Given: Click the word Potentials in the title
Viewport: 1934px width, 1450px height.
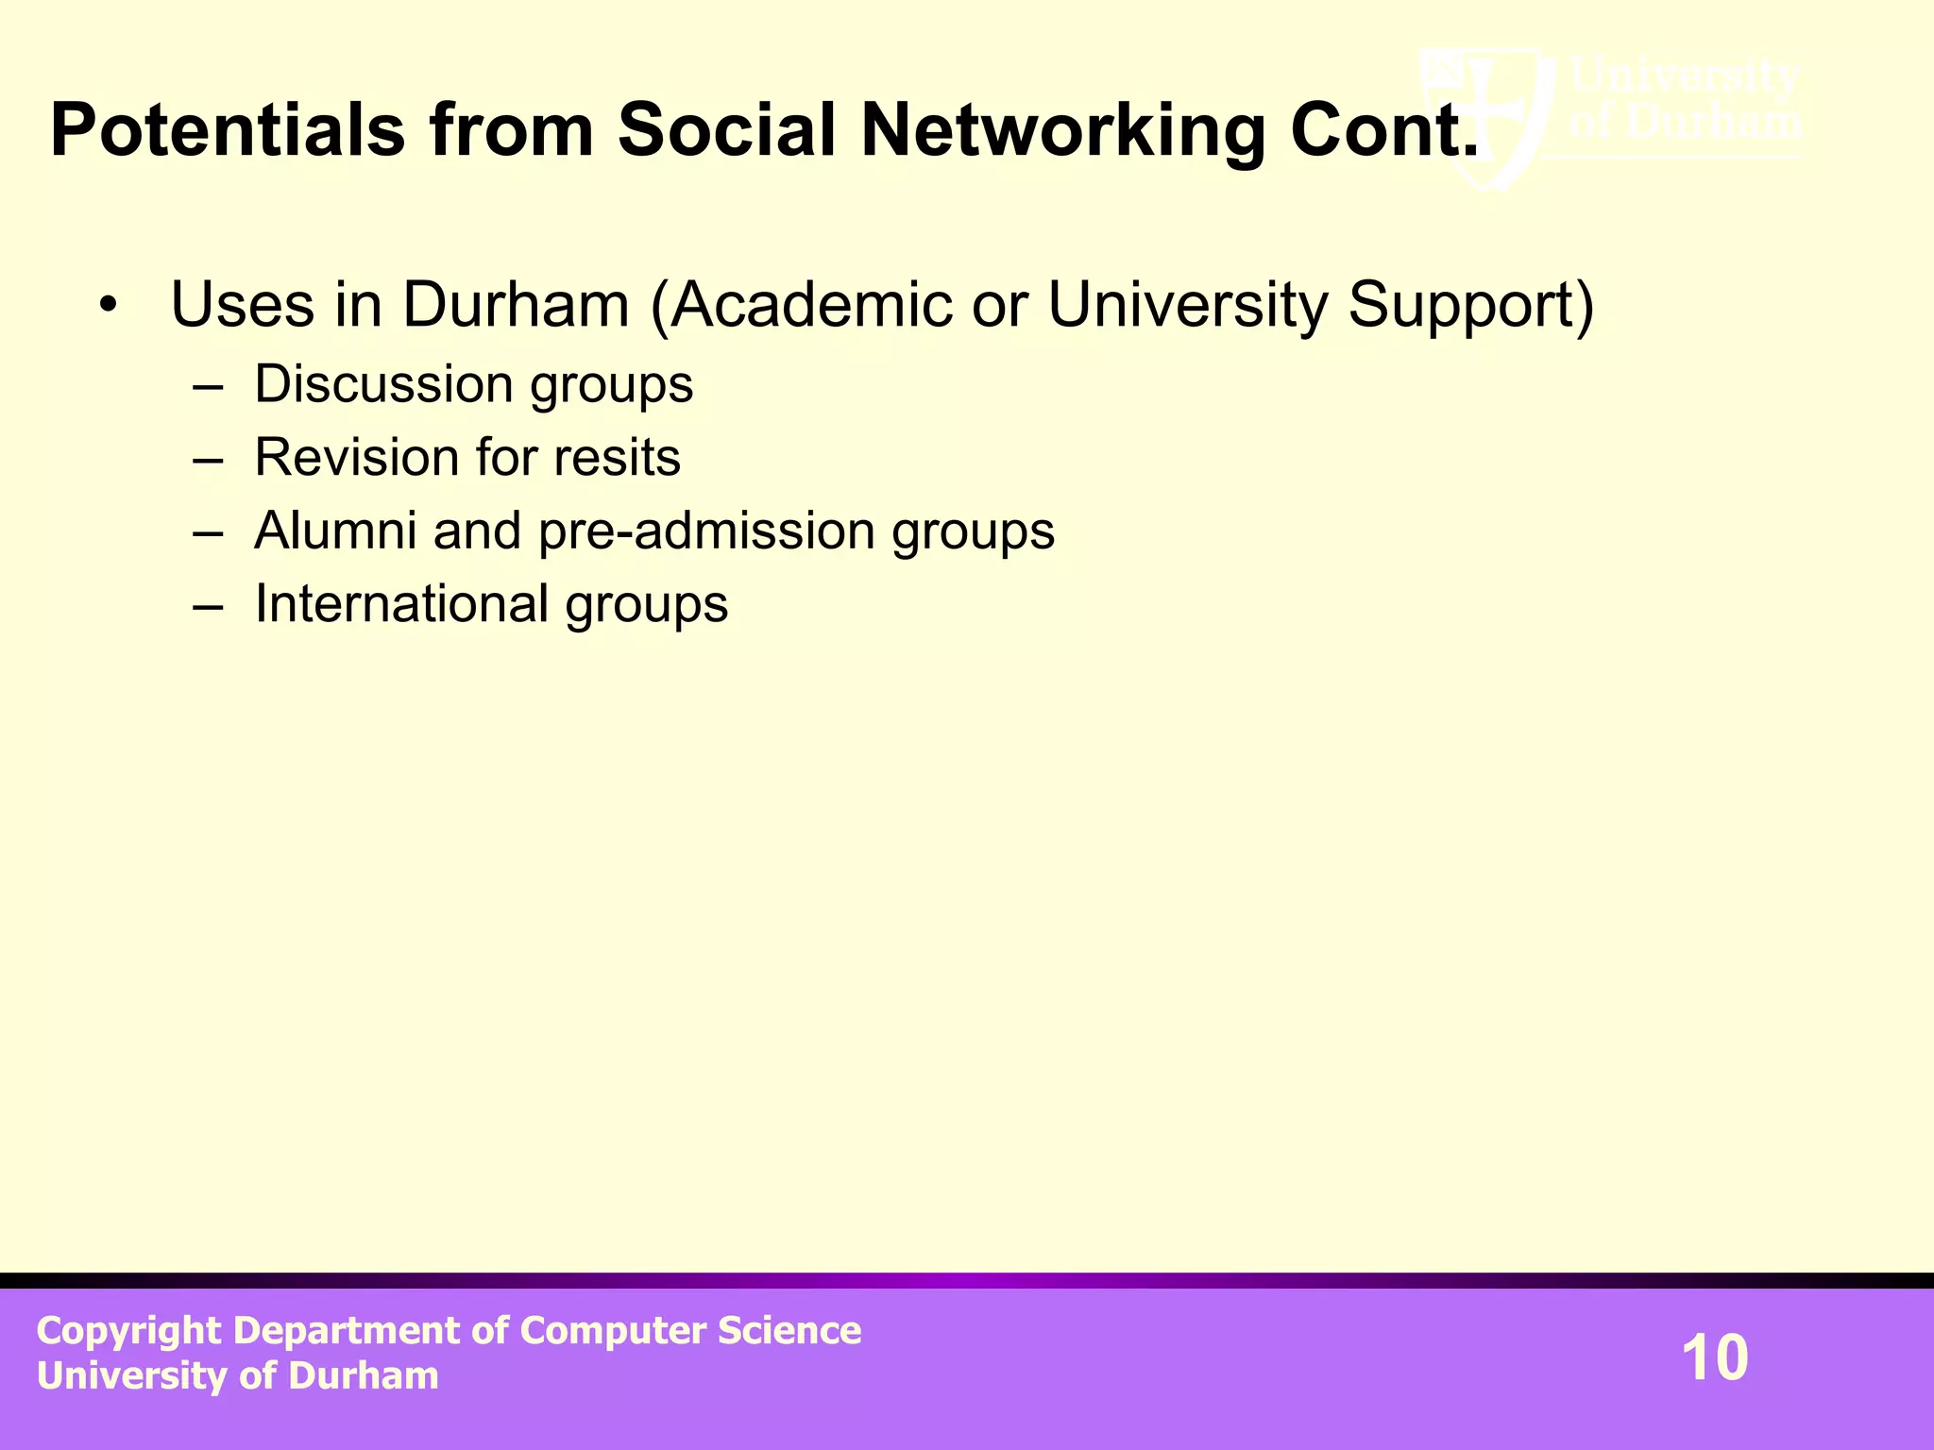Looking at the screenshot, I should point(228,130).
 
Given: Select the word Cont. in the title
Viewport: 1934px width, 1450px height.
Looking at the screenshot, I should point(1383,130).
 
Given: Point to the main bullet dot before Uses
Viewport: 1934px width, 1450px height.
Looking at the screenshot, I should point(109,306).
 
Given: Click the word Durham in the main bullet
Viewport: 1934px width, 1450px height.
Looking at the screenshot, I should point(516,306).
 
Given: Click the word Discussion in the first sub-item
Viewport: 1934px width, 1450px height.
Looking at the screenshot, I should point(382,384).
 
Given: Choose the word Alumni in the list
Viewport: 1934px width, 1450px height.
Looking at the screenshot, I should point(335,531).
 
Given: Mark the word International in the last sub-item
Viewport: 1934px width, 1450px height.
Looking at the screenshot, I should point(401,604).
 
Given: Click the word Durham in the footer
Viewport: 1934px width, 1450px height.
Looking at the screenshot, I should point(364,1376).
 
